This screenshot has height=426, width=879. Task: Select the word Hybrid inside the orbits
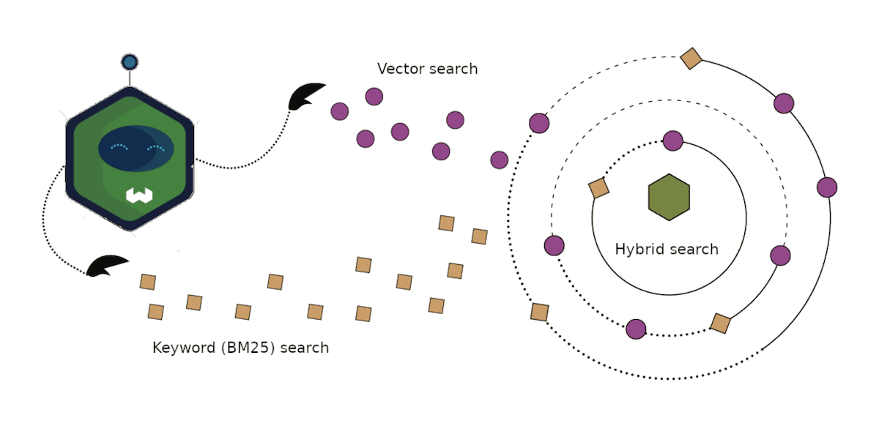pyautogui.click(x=639, y=249)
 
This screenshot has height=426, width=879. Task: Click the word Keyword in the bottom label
pyautogui.click(x=182, y=348)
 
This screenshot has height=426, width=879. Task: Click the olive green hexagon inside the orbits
pyautogui.click(x=669, y=197)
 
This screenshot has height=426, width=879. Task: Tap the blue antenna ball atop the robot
pyautogui.click(x=130, y=62)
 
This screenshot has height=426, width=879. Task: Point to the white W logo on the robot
pyautogui.click(x=138, y=195)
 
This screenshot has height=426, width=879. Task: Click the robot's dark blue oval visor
pyautogui.click(x=136, y=148)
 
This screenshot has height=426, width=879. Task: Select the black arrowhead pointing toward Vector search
pyautogui.click(x=305, y=96)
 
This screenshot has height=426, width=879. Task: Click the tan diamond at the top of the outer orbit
pyautogui.click(x=691, y=58)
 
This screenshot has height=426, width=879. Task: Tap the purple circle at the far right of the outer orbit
pyautogui.click(x=827, y=187)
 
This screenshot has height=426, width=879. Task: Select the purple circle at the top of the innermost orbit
pyautogui.click(x=672, y=141)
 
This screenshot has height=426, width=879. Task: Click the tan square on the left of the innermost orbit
pyautogui.click(x=598, y=188)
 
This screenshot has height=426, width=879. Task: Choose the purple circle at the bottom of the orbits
pyautogui.click(x=636, y=329)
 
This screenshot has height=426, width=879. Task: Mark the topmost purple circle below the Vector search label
pyautogui.click(x=374, y=97)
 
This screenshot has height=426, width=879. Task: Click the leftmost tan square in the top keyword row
pyautogui.click(x=148, y=282)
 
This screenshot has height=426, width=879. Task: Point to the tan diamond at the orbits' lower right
pyautogui.click(x=720, y=323)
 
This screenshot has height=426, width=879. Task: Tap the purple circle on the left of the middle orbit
pyautogui.click(x=555, y=245)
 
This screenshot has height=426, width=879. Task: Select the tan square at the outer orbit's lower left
pyautogui.click(x=539, y=312)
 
